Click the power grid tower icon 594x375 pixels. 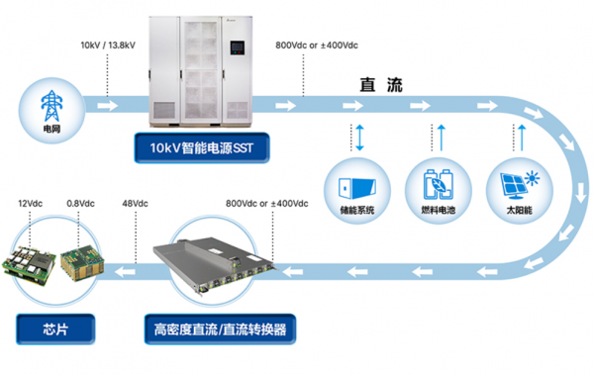(51, 106)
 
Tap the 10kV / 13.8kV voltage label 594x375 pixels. (108, 46)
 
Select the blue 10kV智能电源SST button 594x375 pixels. (202, 147)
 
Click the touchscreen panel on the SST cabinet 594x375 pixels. (237, 47)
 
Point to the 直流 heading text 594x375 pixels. (381, 85)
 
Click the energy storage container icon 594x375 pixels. (356, 188)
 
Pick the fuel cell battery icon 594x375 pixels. (438, 184)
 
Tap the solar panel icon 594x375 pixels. (520, 185)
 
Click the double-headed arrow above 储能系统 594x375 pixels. (359, 138)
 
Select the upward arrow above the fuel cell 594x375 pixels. (442, 138)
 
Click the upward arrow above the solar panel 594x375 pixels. (522, 138)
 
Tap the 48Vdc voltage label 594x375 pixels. (136, 204)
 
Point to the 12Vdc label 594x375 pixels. (31, 204)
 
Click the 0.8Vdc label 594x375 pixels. (81, 204)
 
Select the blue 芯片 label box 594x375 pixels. (55, 329)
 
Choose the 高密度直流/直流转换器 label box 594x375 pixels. (220, 329)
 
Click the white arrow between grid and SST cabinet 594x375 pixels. (108, 105)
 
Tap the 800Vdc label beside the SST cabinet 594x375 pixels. (317, 46)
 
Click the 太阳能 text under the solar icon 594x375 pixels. (520, 210)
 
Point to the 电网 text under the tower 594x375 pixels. (51, 130)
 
